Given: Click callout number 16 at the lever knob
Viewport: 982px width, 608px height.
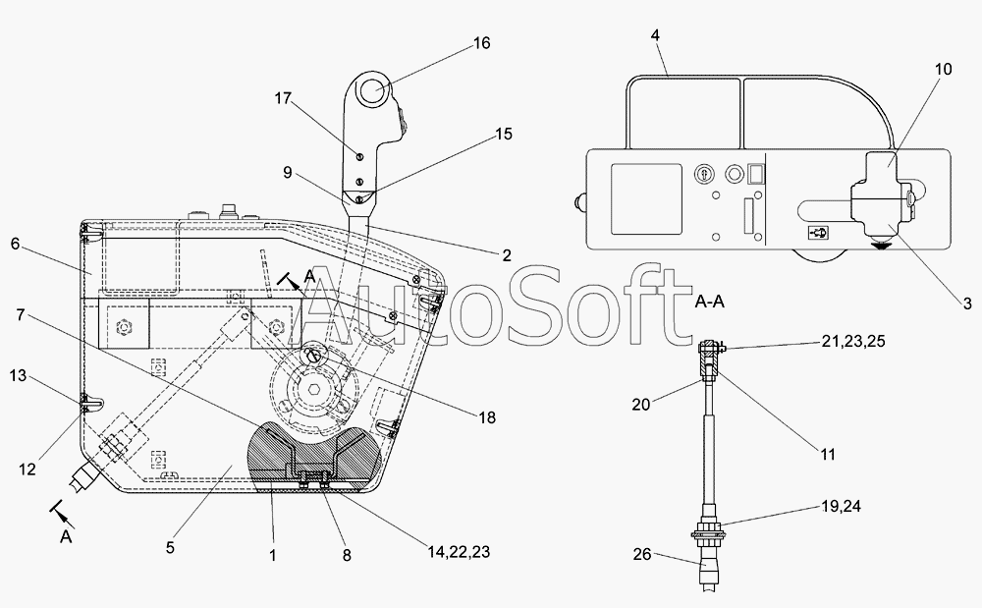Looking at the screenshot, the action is pos(481,43).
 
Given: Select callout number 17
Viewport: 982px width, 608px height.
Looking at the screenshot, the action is pos(284,98).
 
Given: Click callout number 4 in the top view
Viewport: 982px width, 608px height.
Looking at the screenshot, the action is pos(655,35).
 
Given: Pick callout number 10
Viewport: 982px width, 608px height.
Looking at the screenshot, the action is pos(943,69).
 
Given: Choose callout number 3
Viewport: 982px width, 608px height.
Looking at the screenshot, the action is pos(966,304).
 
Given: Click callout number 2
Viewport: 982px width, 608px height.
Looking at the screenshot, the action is pos(507,256).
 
